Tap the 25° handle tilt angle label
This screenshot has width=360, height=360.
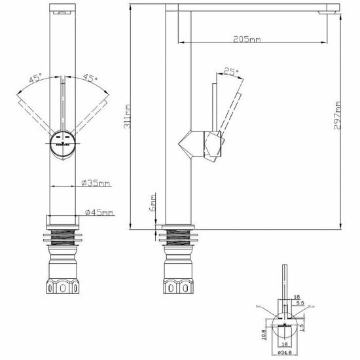230,71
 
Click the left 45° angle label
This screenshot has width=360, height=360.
35,79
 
